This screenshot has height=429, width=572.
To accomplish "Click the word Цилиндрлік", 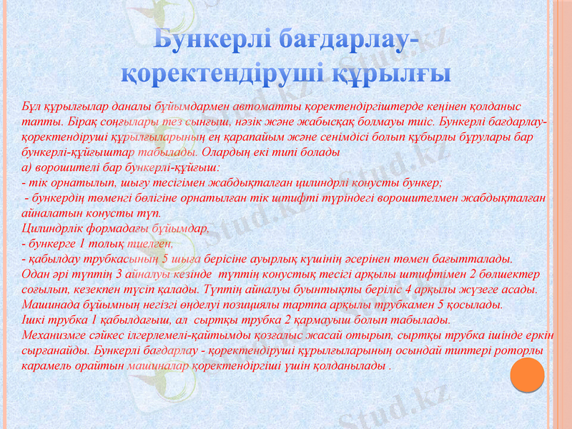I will (50, 230).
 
